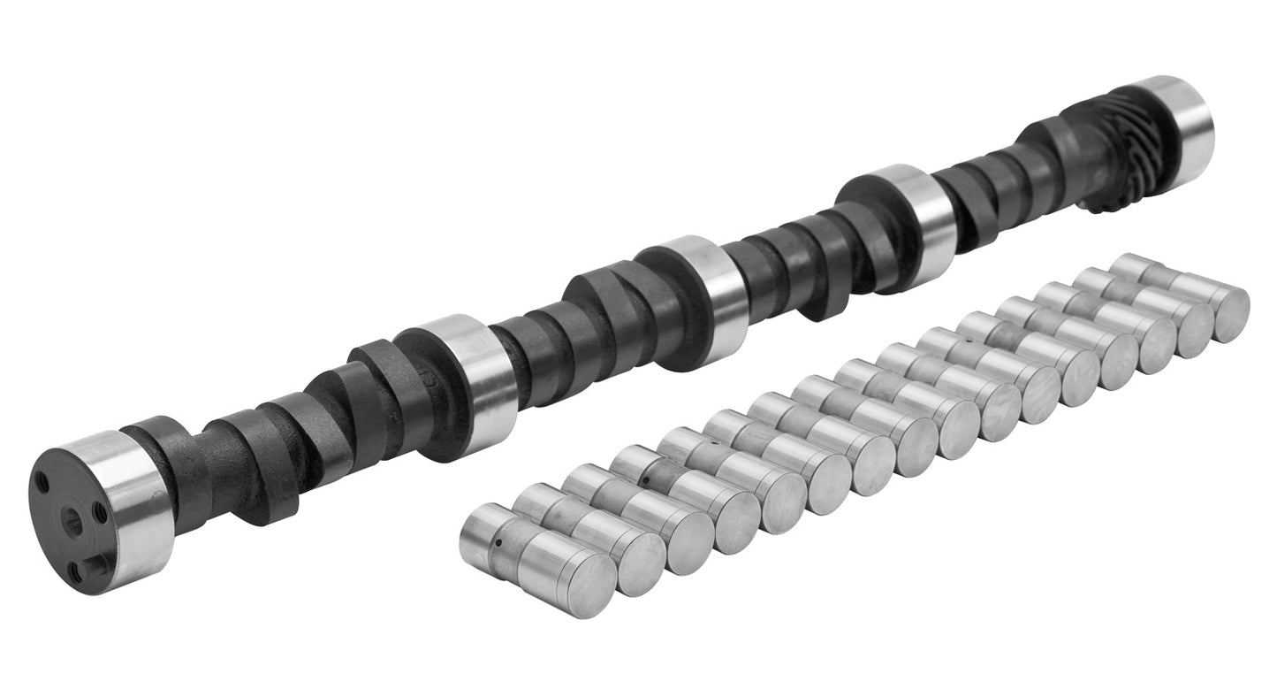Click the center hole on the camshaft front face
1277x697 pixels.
[x=72, y=523]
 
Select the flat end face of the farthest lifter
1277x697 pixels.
[x=1229, y=315]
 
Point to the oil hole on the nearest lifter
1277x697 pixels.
[x=498, y=543]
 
